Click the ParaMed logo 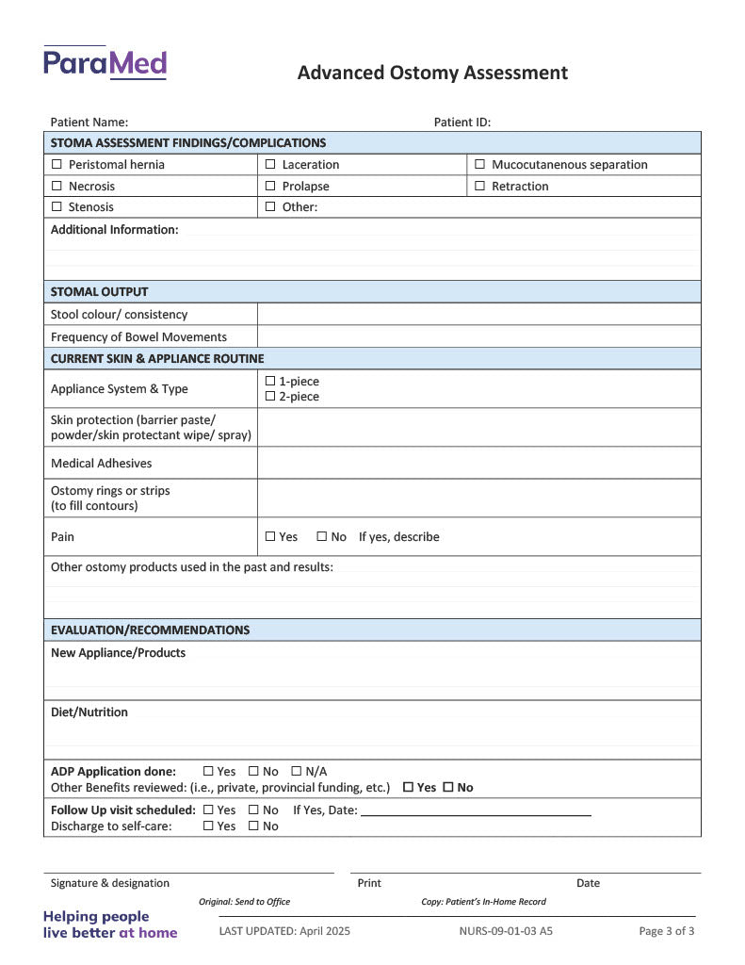(105, 63)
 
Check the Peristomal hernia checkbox (57, 165)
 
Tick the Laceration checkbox (270, 165)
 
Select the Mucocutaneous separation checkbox (479, 165)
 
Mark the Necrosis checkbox (57, 187)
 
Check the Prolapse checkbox (270, 187)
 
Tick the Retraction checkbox (479, 187)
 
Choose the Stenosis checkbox (57, 207)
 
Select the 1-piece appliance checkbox (270, 382)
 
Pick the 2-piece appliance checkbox (270, 397)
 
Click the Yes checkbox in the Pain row (270, 537)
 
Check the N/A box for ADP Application (297, 772)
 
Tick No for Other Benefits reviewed (448, 788)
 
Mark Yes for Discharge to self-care (208, 826)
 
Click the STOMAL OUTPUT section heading (99, 292)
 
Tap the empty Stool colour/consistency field (478, 315)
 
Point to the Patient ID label (462, 123)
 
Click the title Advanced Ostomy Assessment (432, 73)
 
